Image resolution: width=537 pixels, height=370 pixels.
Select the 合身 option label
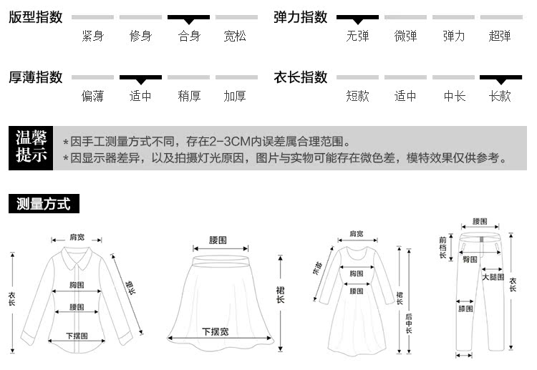(188, 36)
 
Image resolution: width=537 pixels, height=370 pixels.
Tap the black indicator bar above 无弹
(357, 16)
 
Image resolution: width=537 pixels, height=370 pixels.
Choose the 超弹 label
(500, 36)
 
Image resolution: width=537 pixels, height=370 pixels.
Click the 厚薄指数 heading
(36, 77)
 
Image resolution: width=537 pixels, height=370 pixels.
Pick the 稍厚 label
(188, 96)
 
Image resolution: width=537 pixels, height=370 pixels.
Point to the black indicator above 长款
(500, 77)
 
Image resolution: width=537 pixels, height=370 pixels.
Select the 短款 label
(357, 96)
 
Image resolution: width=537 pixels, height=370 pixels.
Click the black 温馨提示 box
(31, 148)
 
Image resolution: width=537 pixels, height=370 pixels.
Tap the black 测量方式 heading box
(44, 204)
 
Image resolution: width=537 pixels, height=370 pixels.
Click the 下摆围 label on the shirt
(77, 336)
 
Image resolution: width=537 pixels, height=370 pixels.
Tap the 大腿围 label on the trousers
(493, 276)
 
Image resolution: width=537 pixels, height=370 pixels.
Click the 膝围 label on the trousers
(465, 309)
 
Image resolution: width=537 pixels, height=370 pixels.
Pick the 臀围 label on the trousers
(470, 258)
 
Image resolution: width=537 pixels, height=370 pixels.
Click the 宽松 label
(234, 36)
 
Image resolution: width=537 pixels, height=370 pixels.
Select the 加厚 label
(234, 96)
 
